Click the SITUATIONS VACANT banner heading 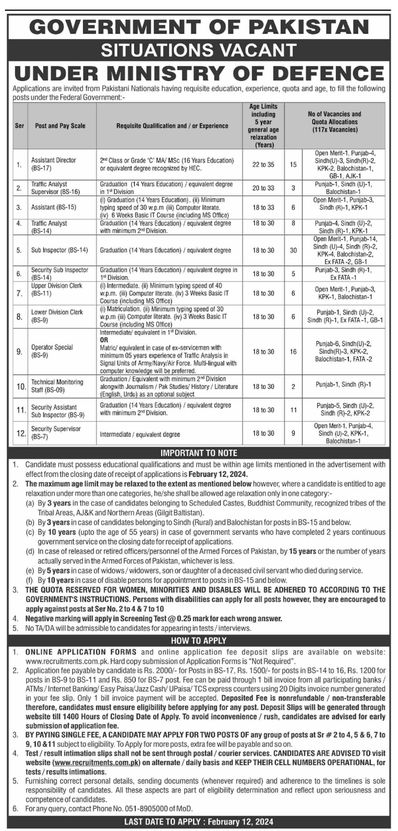coord(199,50)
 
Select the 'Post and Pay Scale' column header coord(60,126)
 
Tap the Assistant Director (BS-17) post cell coord(54,164)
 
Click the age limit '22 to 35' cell coord(263,165)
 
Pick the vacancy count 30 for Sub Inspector coord(293,250)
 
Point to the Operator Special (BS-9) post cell coord(52,351)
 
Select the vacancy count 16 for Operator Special coord(293,352)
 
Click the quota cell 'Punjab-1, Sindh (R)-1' coord(344,385)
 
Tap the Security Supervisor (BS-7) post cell coord(56,433)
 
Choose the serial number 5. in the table coord(19,250)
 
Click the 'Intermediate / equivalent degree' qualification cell coord(140,434)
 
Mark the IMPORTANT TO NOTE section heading coord(199,453)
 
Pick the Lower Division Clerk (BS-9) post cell coord(57,316)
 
